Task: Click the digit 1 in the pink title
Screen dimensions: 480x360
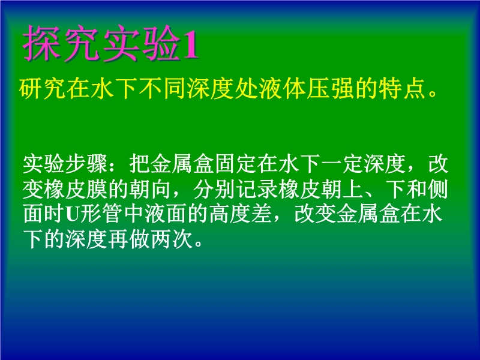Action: coord(190,45)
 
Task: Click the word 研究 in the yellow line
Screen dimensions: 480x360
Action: coord(43,89)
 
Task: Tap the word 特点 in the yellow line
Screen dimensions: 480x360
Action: coord(402,89)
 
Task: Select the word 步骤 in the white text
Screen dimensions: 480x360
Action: coord(86,164)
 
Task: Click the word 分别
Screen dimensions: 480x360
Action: coord(214,189)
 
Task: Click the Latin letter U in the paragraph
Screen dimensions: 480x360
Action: coord(73,214)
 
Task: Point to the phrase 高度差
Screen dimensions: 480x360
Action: coord(241,214)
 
